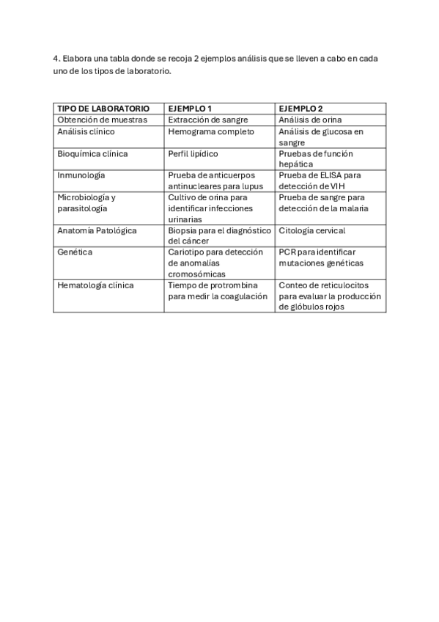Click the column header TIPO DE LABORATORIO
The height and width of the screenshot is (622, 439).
coord(103,109)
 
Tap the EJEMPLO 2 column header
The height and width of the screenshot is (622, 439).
coord(300,109)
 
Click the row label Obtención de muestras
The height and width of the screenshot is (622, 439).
coord(102,120)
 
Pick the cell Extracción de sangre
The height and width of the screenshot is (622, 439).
coord(208,120)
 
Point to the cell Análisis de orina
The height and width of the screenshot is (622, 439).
coord(310,120)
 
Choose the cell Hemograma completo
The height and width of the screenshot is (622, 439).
coord(211,132)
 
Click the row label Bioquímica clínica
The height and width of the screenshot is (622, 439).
coord(92,154)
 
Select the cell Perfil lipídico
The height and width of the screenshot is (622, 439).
coord(193,154)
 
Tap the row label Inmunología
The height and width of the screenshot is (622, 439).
coord(81,175)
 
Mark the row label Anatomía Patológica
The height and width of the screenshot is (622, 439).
coord(97,230)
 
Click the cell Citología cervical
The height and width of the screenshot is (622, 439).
coord(312,230)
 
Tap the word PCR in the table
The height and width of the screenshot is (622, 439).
coord(287,252)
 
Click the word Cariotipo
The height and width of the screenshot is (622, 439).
coord(186,252)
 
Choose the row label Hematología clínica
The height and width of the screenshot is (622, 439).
coord(95,285)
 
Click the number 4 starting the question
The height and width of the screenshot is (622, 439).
coord(55,58)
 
